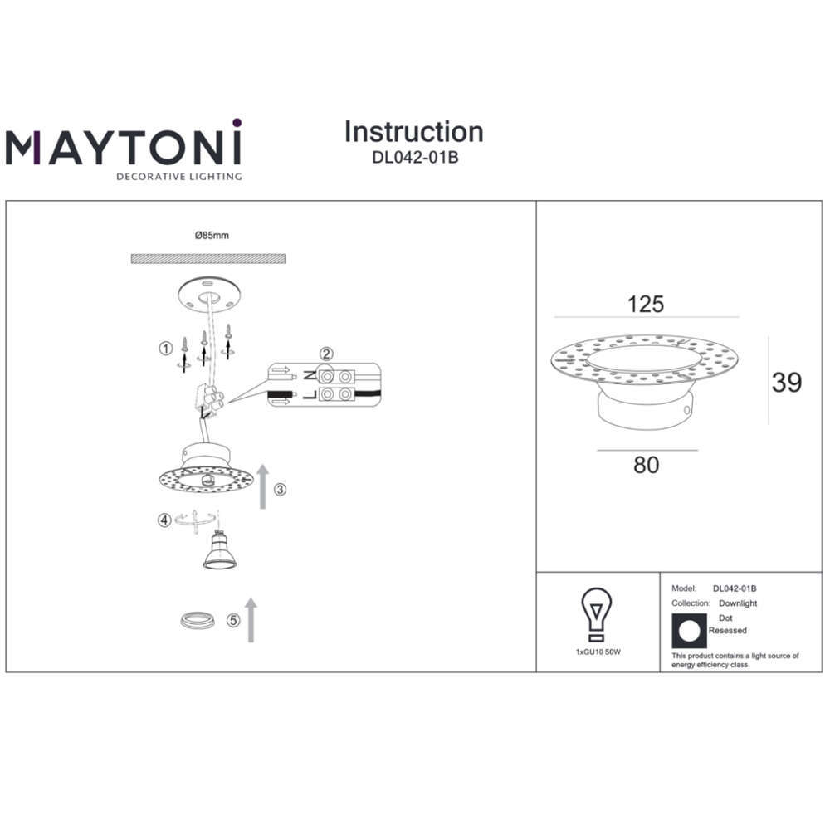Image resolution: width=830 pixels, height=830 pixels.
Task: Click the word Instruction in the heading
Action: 414,132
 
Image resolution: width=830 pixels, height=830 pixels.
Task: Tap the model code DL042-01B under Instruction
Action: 415,158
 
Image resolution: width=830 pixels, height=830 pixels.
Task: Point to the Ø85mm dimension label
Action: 212,236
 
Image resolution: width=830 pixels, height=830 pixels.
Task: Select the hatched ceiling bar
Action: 208,259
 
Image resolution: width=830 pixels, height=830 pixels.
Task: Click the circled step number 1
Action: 166,349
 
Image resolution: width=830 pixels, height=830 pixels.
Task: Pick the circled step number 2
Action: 326,354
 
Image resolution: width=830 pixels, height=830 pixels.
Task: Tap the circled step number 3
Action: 280,490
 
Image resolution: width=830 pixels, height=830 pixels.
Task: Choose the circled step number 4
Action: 164,520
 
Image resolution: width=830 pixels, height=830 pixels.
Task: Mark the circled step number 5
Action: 233,620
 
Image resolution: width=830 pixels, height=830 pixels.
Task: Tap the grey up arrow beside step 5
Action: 251,620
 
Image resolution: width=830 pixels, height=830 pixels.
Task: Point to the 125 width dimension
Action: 646,305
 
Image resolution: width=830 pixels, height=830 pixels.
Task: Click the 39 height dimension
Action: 787,383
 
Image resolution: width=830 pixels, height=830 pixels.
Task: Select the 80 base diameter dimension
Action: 647,465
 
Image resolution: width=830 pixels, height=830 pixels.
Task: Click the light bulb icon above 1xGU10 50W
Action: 597,614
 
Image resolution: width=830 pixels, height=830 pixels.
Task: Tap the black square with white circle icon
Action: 689,631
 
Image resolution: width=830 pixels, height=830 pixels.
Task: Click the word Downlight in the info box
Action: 738,603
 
